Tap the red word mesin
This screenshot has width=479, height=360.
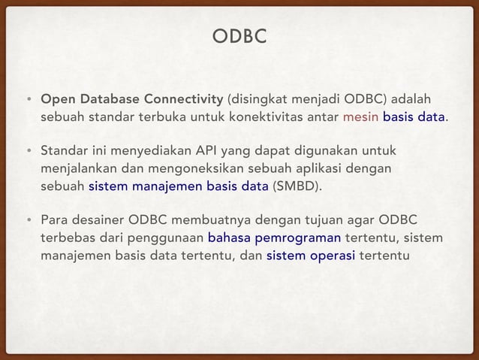[x=361, y=117]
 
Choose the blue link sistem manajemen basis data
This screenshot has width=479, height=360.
[x=178, y=186]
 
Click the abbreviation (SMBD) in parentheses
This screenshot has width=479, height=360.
[x=297, y=186]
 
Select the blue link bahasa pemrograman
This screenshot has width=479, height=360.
[x=275, y=238]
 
